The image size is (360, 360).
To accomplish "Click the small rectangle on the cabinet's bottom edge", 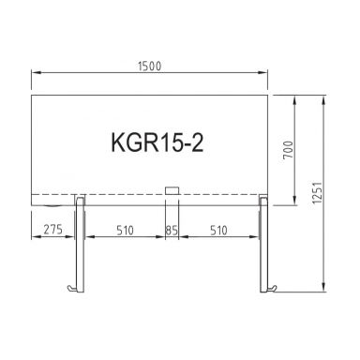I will [x=172, y=192].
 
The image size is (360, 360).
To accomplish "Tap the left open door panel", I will [x=81, y=244].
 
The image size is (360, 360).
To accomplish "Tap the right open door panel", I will [x=264, y=244].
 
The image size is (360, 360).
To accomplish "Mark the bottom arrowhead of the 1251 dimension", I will [x=325, y=291].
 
